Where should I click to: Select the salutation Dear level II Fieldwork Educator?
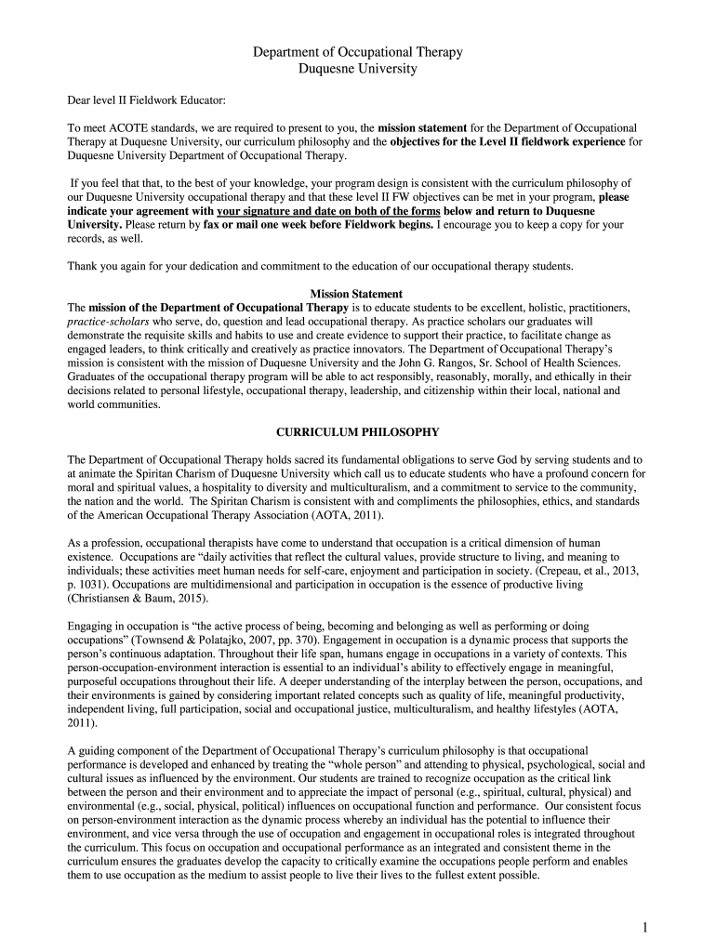click(146, 99)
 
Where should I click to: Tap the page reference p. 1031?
click(89, 584)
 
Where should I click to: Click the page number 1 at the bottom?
click(643, 927)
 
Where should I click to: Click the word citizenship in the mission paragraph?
click(438, 390)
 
